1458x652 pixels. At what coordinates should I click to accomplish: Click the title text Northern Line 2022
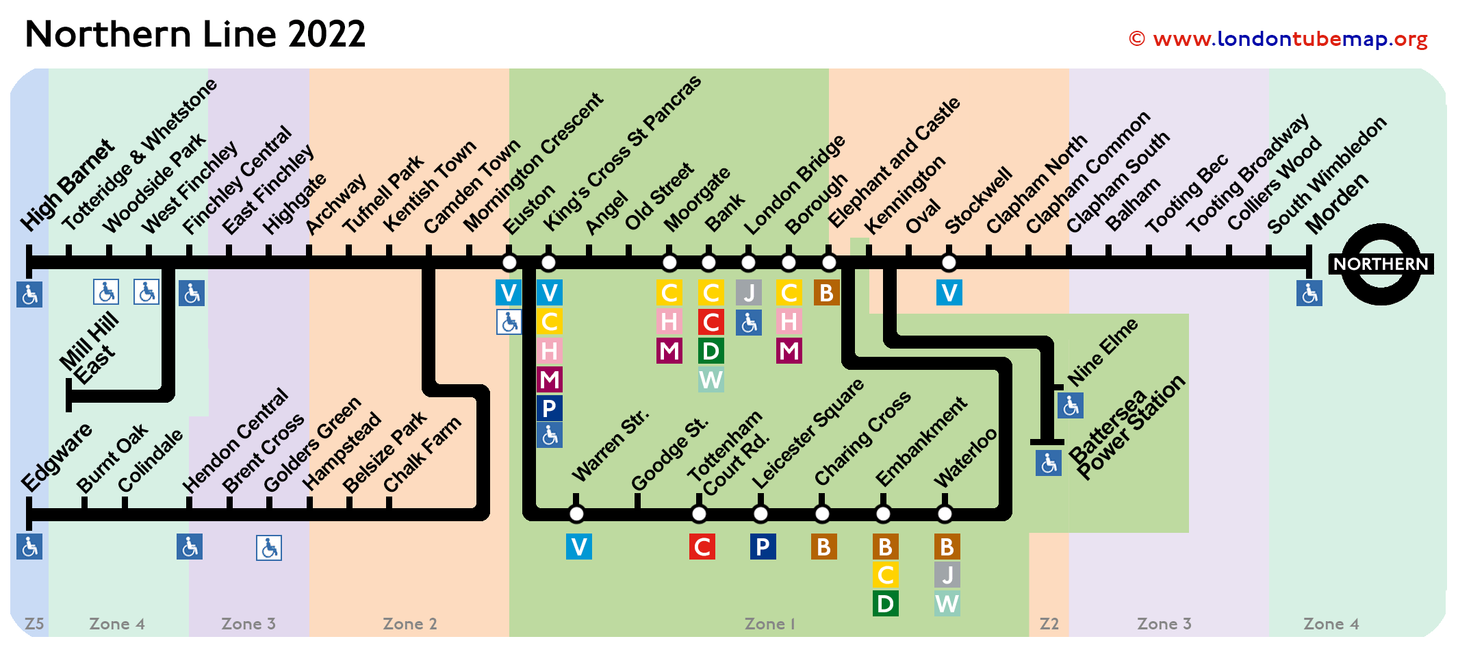(x=195, y=34)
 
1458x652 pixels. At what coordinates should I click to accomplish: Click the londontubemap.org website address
(x=1278, y=39)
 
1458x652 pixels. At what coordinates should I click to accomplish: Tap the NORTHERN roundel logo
(x=1381, y=264)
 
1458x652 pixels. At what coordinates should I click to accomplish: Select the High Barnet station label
(x=67, y=185)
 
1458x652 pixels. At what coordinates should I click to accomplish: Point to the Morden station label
(x=1337, y=203)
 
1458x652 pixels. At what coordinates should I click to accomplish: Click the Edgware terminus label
(x=57, y=457)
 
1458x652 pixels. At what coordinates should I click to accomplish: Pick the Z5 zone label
(x=34, y=624)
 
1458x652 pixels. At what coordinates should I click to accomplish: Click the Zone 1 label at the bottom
(x=770, y=624)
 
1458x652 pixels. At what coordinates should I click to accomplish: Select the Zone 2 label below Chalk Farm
(x=410, y=624)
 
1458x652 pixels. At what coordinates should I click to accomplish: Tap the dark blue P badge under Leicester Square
(x=763, y=547)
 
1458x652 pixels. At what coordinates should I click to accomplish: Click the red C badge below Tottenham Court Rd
(x=702, y=547)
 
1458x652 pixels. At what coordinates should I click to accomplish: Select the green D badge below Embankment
(x=886, y=603)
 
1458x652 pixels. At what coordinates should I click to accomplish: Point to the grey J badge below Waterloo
(x=947, y=575)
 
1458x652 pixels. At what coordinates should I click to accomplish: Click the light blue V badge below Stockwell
(x=949, y=292)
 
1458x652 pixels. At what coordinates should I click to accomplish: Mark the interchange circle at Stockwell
(x=949, y=262)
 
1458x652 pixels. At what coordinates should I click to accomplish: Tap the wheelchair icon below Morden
(x=1309, y=293)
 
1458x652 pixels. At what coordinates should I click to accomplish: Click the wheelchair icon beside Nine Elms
(x=1071, y=405)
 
